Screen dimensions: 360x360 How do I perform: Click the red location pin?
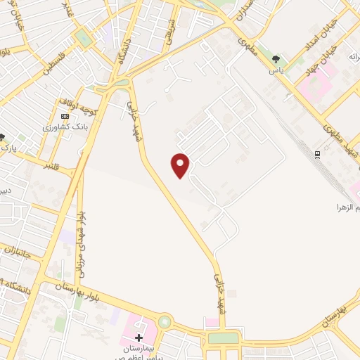[181, 165]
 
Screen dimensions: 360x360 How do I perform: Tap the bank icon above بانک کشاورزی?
[65, 116]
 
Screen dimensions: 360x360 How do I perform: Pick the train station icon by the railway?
[318, 154]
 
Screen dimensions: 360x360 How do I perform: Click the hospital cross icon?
[139, 337]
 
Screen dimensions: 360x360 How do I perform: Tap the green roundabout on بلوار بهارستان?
[165, 323]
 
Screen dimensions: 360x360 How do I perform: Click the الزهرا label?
[348, 208]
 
